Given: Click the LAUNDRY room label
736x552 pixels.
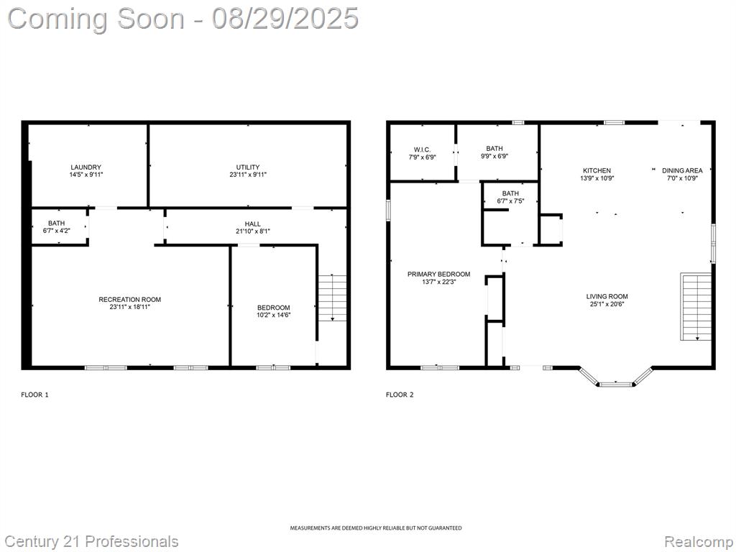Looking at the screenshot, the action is tap(86, 167).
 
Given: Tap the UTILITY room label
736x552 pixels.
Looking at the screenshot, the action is tap(248, 167).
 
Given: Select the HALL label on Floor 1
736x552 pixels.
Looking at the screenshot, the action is tap(252, 224).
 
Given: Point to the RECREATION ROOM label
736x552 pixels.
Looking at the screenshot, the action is tap(129, 300).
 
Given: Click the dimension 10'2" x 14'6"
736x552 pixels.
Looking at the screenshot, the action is tap(274, 315).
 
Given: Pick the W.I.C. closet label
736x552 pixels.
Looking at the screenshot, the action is tap(423, 150).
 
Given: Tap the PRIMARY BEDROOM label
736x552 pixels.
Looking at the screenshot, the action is tap(439, 274).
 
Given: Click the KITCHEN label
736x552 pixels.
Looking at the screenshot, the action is tap(597, 170).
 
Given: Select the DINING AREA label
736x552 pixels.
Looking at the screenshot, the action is tap(682, 170).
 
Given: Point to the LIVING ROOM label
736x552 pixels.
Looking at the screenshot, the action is tap(607, 296).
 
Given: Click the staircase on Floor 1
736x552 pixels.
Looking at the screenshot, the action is tap(333, 298).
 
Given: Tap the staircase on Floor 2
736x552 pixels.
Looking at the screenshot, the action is tap(696, 306).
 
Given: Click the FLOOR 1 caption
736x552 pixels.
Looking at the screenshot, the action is tap(34, 395).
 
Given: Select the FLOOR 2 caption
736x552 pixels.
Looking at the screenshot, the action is tap(400, 395).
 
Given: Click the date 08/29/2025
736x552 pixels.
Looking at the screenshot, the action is tap(285, 19).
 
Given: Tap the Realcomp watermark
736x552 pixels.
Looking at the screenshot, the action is tap(699, 542).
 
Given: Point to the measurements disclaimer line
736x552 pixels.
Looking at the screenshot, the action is tap(375, 528).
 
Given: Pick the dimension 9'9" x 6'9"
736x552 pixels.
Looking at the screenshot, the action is tap(494, 156).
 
